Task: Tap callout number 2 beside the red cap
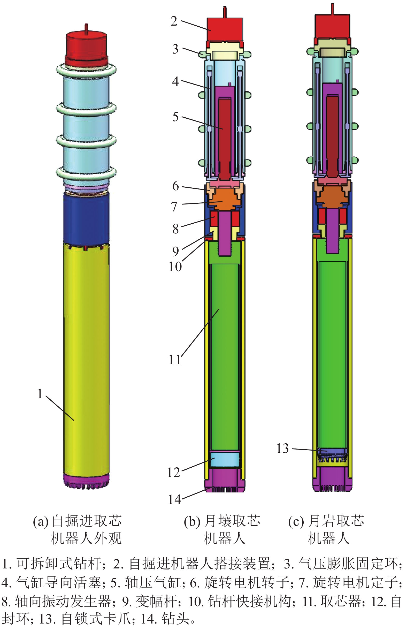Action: coord(174,21)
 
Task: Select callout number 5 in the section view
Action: coord(175,117)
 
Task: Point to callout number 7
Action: coord(174,207)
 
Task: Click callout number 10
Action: coord(175,267)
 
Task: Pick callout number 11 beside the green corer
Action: coord(175,360)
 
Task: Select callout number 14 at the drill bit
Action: coord(175,499)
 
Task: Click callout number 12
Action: coord(174,472)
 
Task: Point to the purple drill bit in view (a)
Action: coord(87,481)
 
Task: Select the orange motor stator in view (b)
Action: coord(224,200)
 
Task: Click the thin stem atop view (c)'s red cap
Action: coord(333,9)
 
